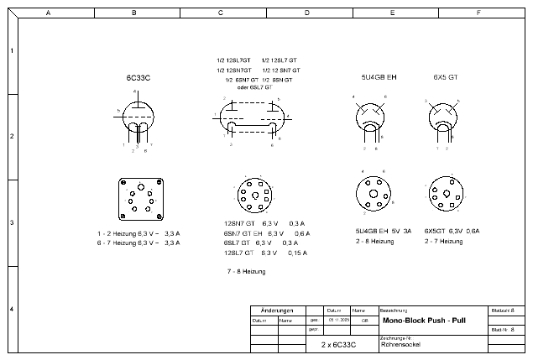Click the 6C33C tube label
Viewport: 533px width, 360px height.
pos(138,77)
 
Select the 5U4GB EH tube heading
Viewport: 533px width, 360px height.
pos(379,77)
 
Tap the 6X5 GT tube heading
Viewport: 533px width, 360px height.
pos(445,77)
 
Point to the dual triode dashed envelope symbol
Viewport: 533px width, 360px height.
pos(252,116)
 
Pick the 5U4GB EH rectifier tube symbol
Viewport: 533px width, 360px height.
pos(370,116)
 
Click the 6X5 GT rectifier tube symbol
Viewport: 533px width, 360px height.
pos(444,114)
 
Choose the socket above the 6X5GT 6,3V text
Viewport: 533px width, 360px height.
pos(445,195)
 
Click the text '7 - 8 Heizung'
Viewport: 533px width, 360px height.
pos(246,272)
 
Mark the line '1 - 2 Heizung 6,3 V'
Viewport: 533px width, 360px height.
pos(138,232)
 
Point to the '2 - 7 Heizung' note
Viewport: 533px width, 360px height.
pos(443,242)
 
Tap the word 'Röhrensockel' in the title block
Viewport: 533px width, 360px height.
pos(401,344)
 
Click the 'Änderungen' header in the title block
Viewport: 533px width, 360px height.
pos(277,310)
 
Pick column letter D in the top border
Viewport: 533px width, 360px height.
pos(306,13)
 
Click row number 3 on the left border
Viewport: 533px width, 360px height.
pos(11,223)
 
